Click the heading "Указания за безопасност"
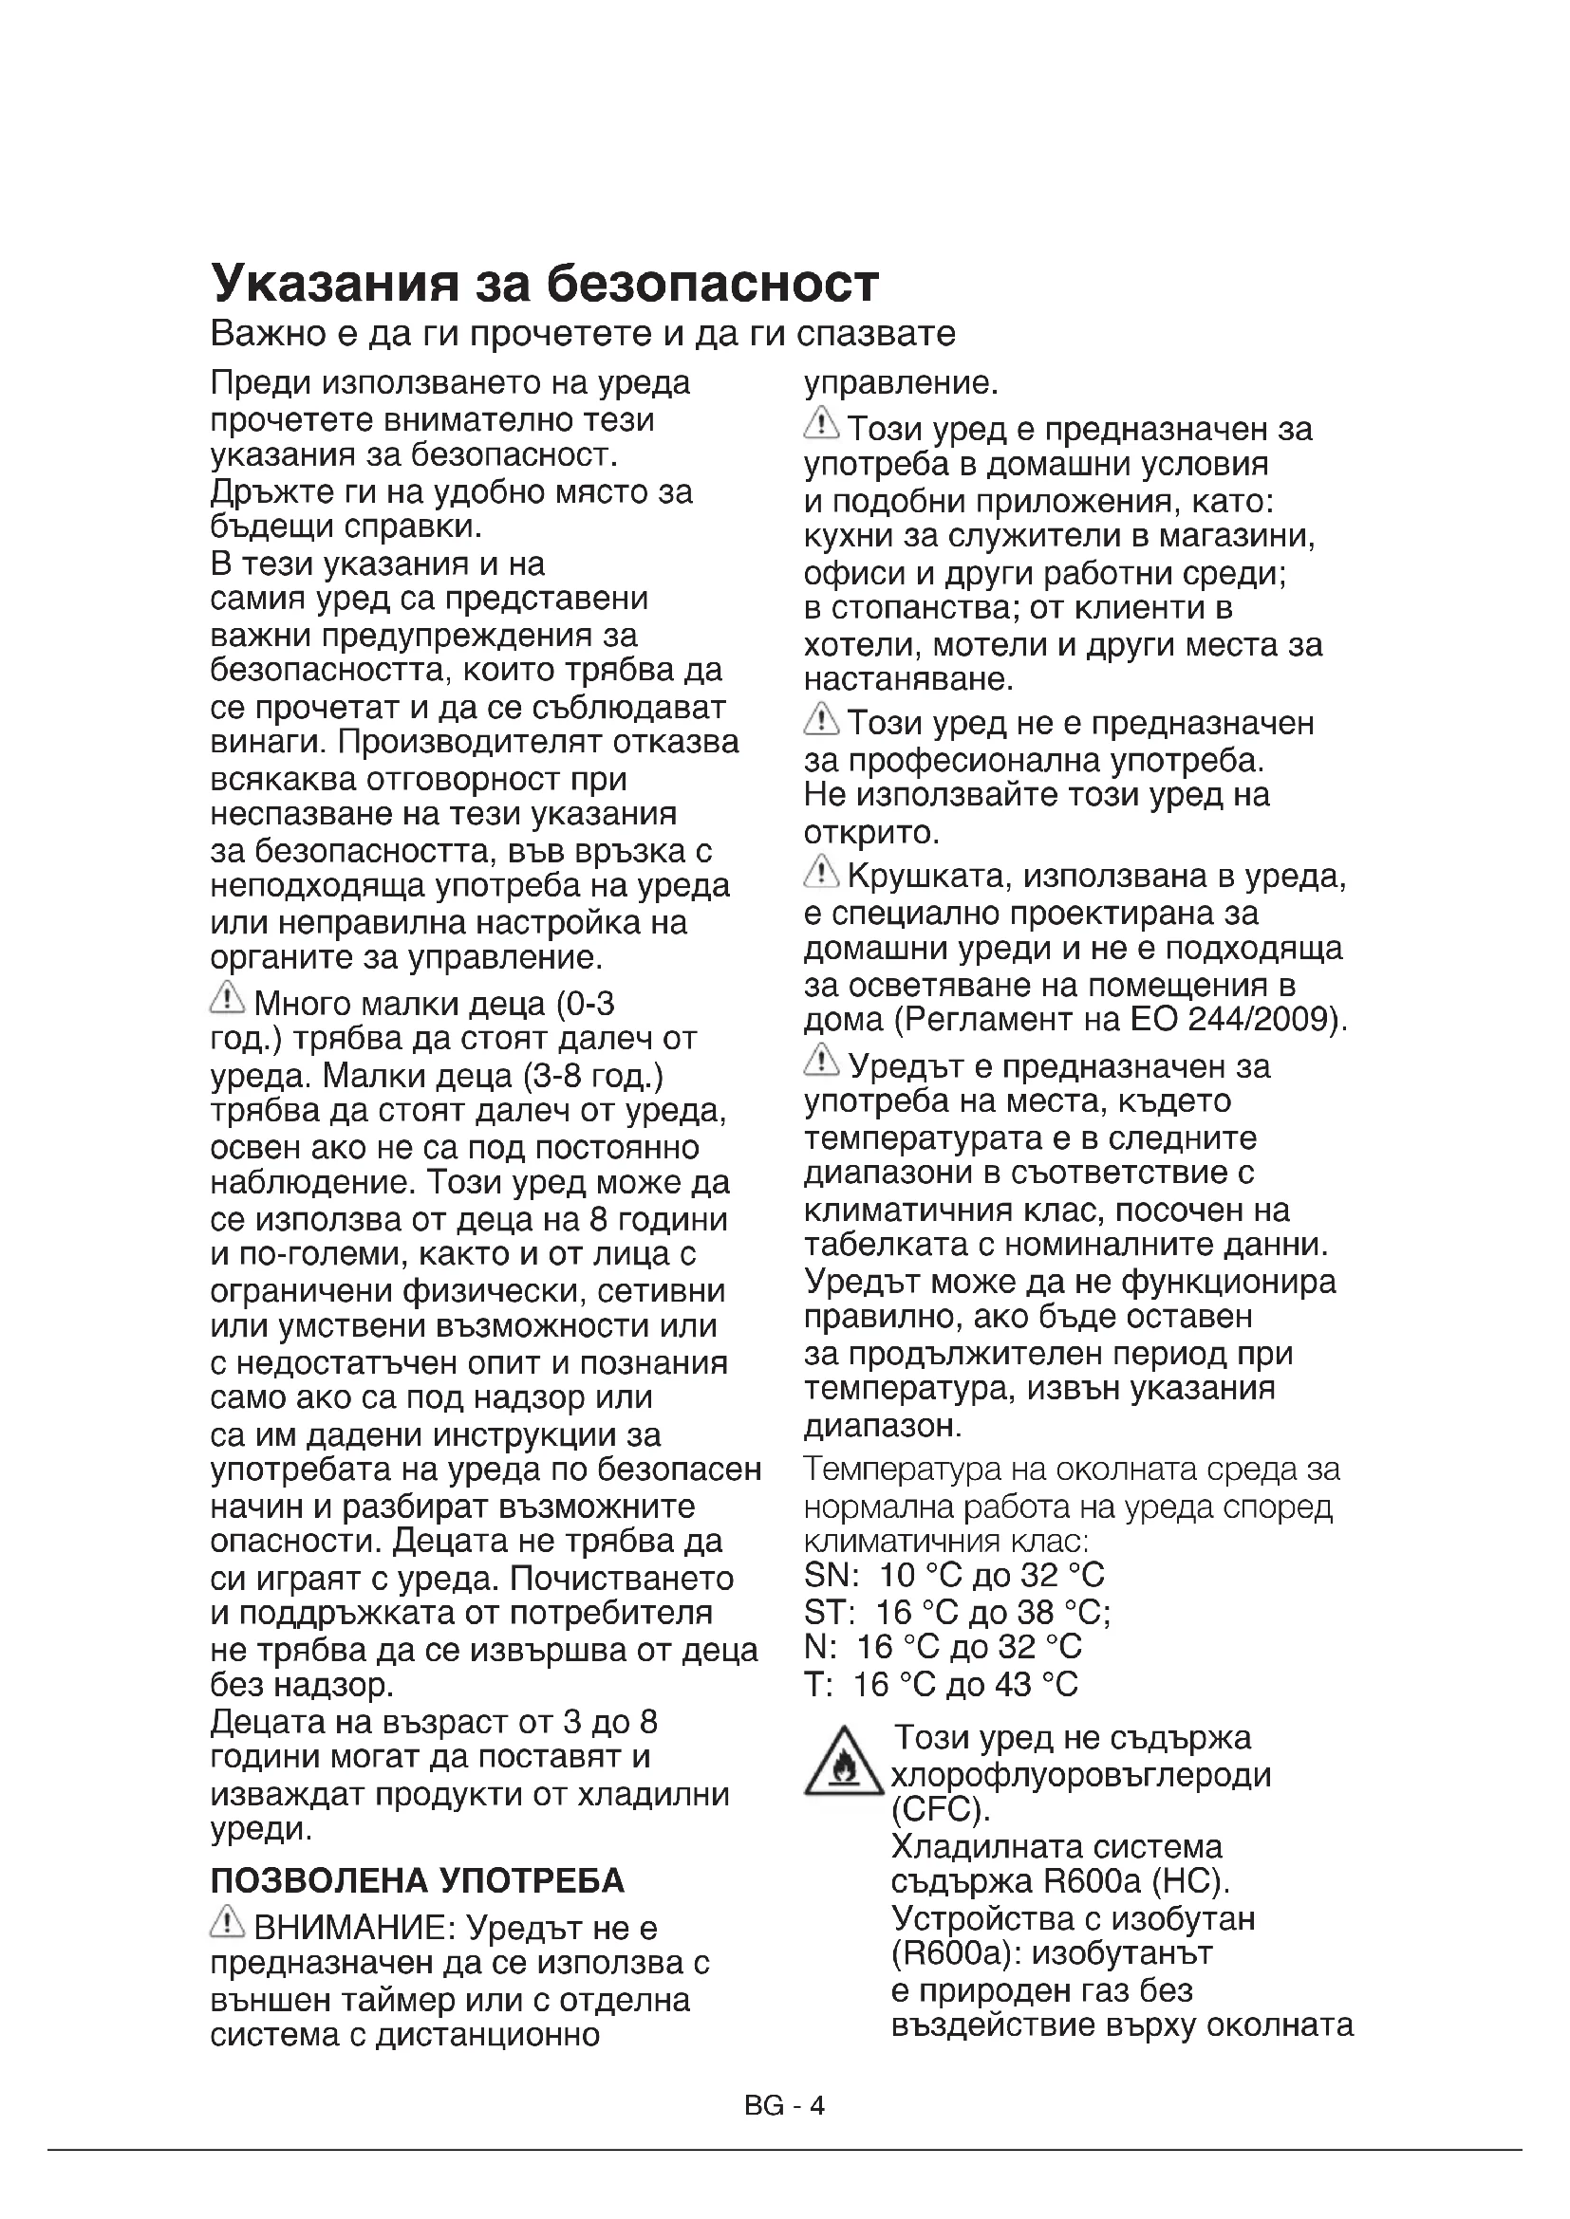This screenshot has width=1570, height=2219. click(x=544, y=283)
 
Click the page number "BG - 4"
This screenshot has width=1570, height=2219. click(x=784, y=2106)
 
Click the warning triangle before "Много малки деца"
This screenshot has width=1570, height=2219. click(x=226, y=997)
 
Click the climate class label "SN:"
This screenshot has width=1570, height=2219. click(x=831, y=1577)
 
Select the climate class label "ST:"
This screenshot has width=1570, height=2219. click(x=829, y=1612)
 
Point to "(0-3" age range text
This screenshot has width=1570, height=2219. click(x=586, y=1004)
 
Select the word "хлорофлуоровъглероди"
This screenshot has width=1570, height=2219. click(x=1081, y=1774)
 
